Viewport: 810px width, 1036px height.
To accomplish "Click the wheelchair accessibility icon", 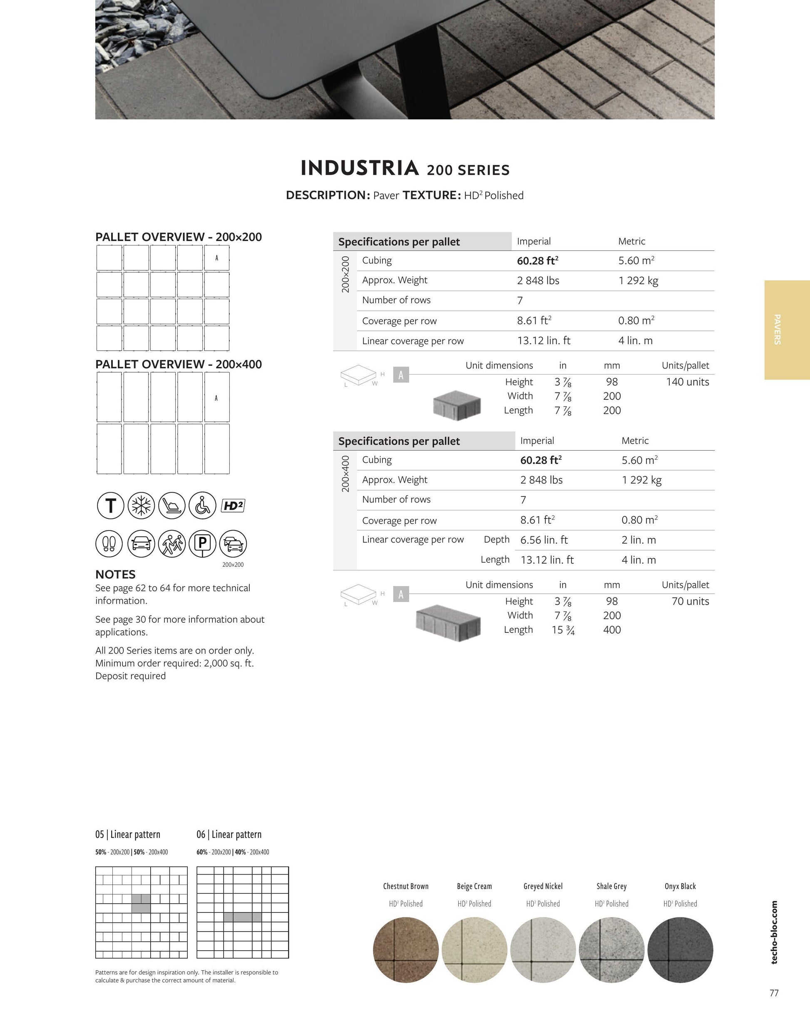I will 202,505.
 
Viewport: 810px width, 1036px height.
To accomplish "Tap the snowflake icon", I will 141,505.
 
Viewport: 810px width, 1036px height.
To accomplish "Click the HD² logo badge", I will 233,506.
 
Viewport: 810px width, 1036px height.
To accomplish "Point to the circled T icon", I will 111,505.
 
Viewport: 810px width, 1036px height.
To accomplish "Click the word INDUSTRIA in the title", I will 360,169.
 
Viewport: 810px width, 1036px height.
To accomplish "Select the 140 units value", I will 687,382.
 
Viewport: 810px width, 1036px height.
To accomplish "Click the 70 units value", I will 690,602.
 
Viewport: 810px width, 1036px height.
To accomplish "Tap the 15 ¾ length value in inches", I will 563,630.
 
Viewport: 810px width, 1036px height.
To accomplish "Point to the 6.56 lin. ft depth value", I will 544,540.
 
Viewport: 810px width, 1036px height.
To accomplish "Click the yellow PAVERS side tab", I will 786,330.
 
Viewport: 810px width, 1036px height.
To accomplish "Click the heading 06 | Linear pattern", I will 229,834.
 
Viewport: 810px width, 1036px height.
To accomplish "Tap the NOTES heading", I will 115,575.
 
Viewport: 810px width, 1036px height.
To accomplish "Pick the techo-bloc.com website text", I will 774,932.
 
